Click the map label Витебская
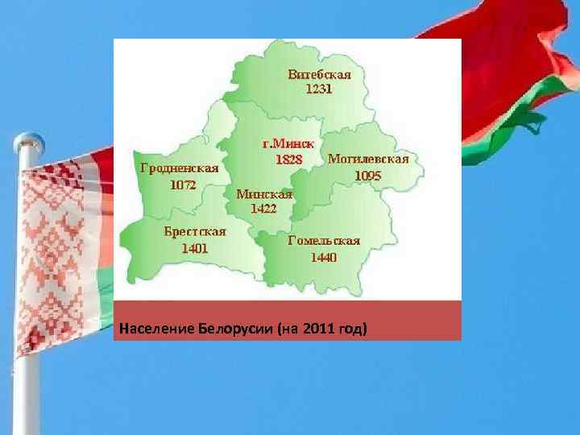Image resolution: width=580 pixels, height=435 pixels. pos(320,74)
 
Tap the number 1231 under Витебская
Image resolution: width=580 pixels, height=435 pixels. pos(318,89)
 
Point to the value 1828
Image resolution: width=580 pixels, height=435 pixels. pos(288,159)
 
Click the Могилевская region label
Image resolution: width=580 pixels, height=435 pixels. pos(368,159)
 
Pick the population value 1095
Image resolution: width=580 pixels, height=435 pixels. pos(367,175)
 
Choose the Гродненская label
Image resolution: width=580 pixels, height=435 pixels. pos(180,168)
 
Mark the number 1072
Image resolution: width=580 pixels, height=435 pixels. pos(182,184)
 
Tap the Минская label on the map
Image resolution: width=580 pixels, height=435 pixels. pos(263,193)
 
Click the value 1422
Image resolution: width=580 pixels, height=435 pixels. pos(263,208)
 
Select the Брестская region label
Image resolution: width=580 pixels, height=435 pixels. pos(195,231)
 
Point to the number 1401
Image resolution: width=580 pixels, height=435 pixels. pos(194,247)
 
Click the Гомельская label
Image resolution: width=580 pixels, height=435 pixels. pos(324,240)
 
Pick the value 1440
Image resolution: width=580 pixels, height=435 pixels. pos(324,257)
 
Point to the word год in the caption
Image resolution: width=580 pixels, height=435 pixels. pos(354,329)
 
